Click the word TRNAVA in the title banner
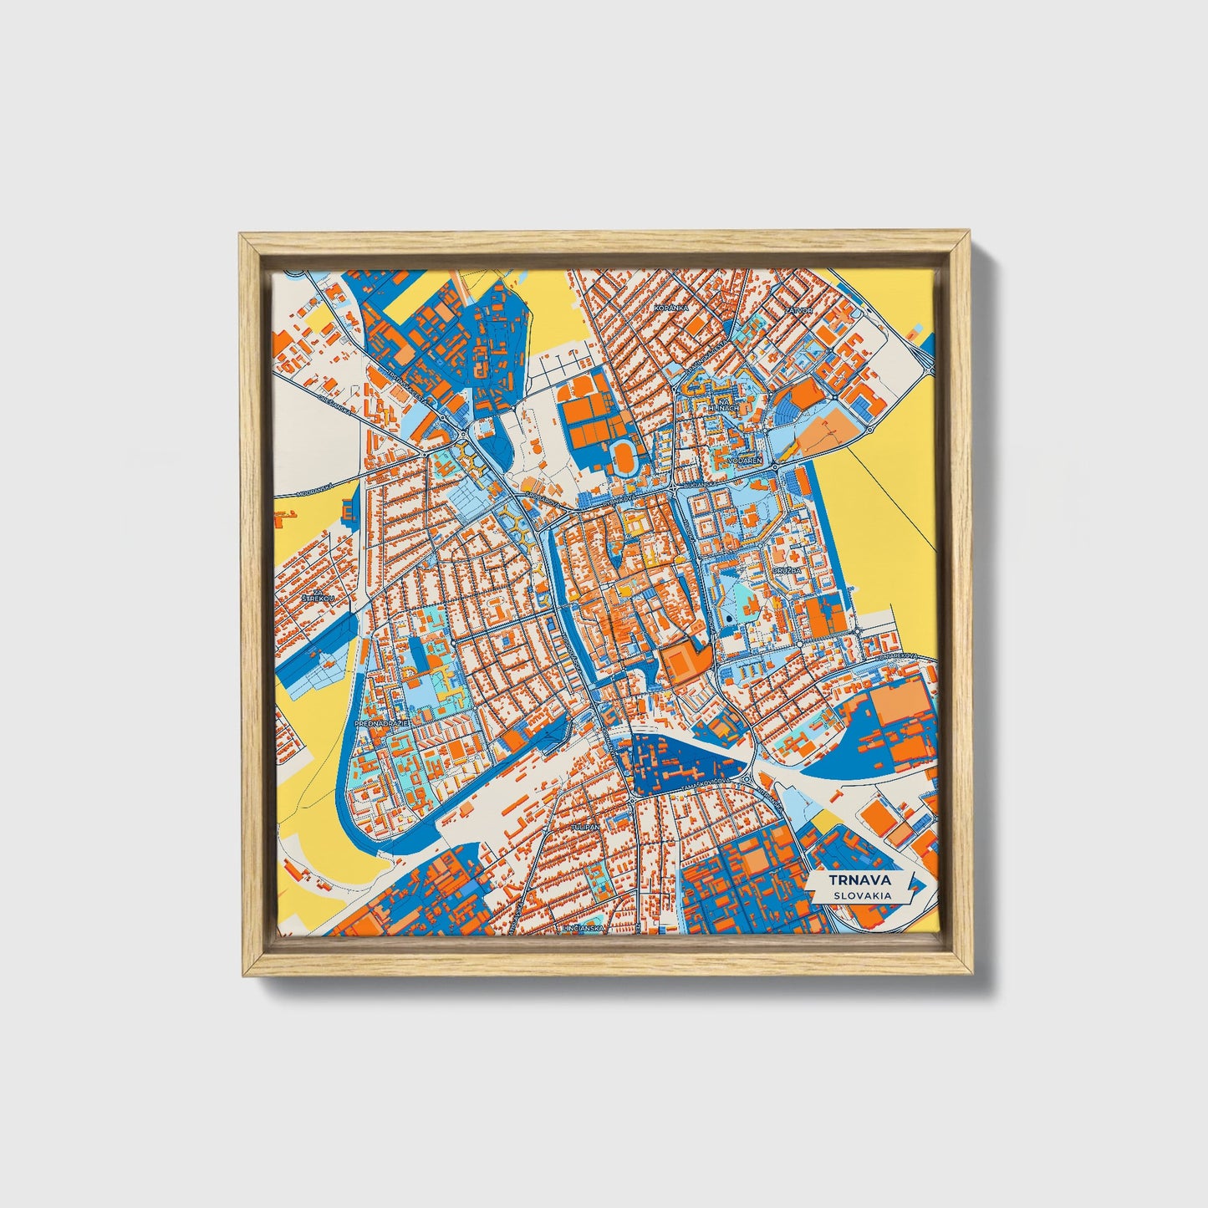tap(859, 880)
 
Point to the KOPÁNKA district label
tap(671, 308)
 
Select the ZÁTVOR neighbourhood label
tap(799, 309)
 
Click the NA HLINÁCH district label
tap(723, 405)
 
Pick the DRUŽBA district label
tap(787, 570)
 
